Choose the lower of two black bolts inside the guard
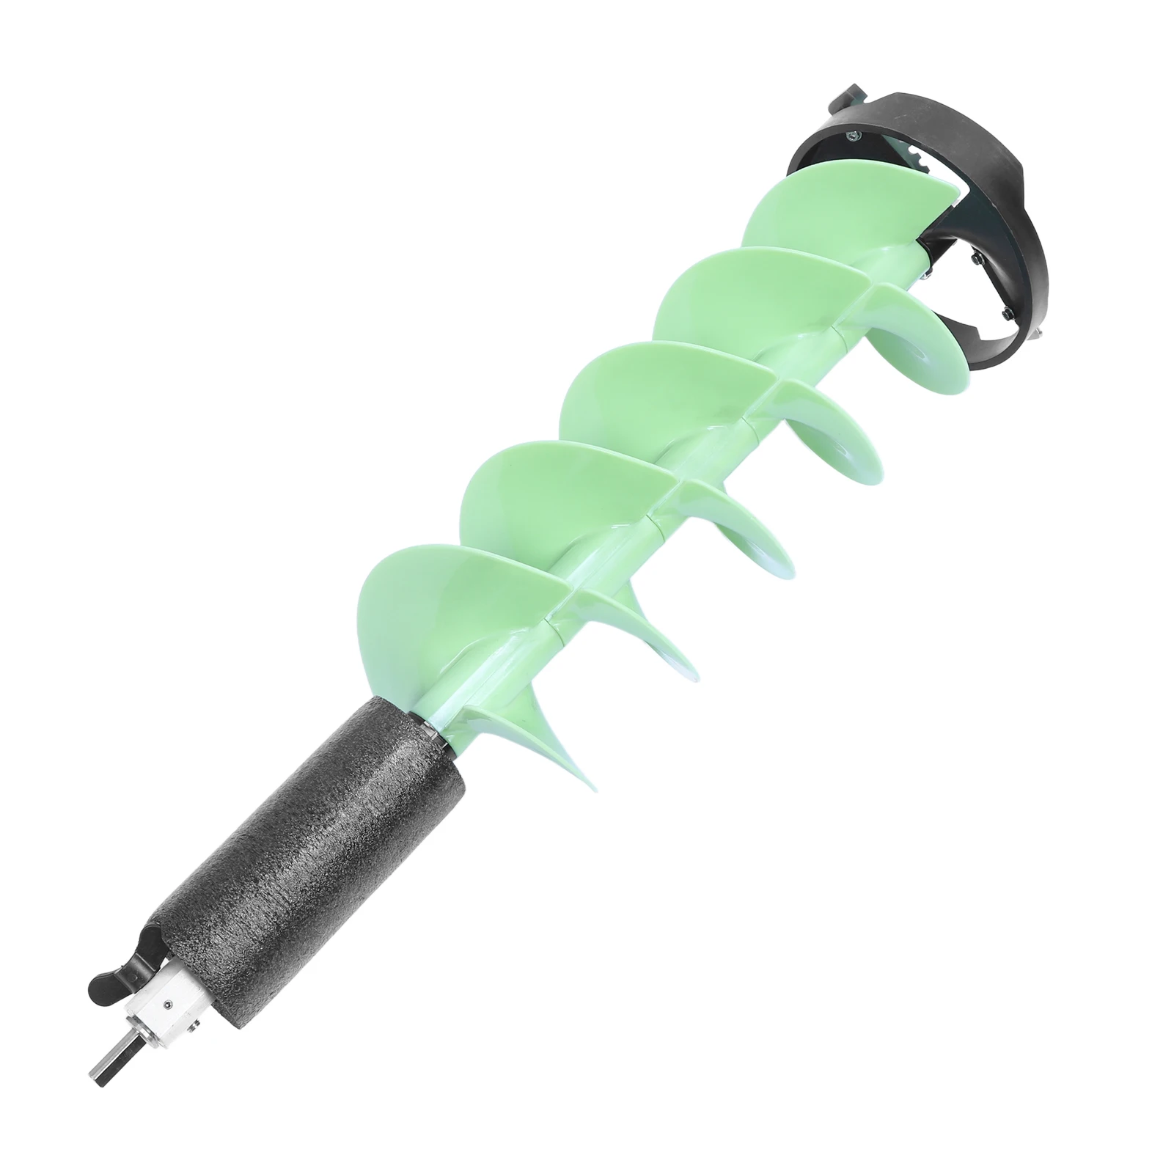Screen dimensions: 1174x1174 pos(1003,315)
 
